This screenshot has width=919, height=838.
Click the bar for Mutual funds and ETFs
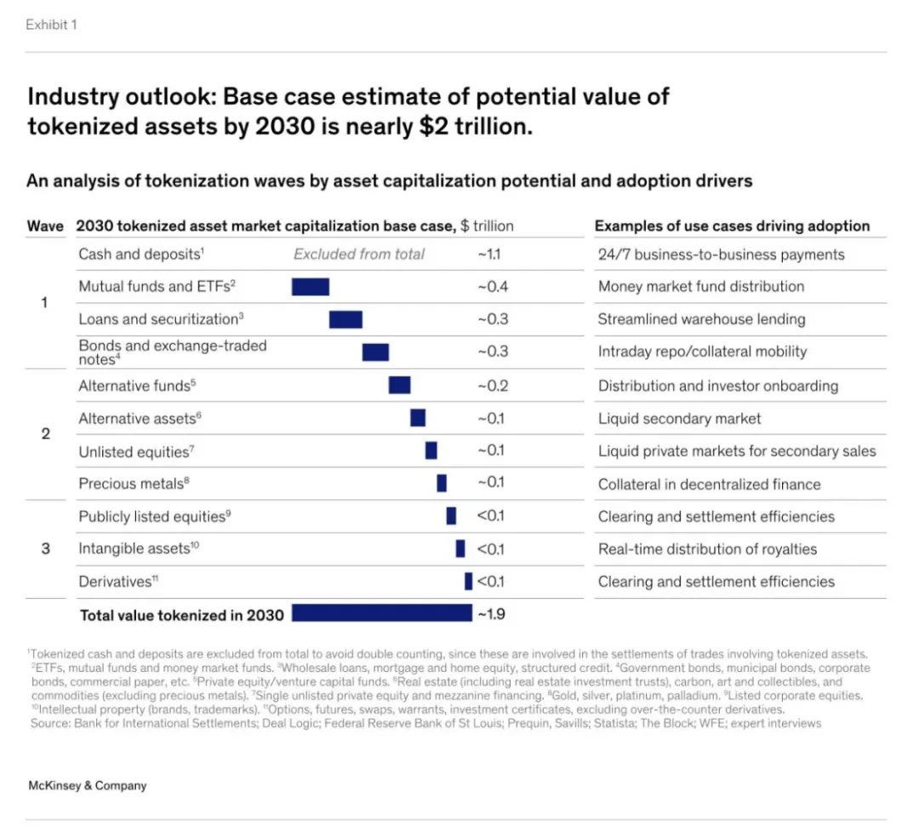[310, 287]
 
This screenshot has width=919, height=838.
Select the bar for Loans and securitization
[345, 319]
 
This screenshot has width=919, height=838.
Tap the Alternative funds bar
[399, 385]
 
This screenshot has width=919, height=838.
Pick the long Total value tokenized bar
[381, 613]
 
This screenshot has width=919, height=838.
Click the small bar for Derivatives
[468, 582]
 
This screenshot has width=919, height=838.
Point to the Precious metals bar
[442, 483]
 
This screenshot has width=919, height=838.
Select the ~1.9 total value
[492, 613]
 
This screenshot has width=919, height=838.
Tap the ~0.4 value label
[492, 287]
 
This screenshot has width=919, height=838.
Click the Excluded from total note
[359, 254]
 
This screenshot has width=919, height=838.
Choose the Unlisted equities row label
[137, 451]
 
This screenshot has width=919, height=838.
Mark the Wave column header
[45, 226]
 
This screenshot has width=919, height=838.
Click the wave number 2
[46, 433]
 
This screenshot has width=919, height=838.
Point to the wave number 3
[46, 548]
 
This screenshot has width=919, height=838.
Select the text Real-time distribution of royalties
[707, 549]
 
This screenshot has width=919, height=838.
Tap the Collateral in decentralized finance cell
[709, 484]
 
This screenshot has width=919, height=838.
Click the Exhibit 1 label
[51, 25]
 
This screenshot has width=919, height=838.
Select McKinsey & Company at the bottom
[87, 785]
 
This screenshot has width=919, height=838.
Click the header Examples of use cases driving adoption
[732, 226]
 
